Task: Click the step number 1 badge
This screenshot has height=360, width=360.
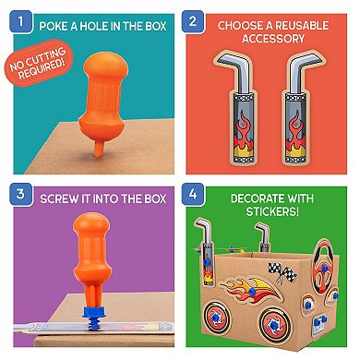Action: (x=20, y=22)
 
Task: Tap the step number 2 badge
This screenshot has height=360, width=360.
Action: (x=193, y=21)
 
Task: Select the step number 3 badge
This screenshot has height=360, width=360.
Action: (x=20, y=195)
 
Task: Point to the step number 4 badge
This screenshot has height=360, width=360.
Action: (x=193, y=194)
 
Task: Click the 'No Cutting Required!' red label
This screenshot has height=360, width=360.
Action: (x=38, y=63)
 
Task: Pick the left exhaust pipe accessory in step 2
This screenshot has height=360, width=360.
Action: (x=238, y=108)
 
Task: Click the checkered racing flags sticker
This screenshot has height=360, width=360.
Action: (x=282, y=271)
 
